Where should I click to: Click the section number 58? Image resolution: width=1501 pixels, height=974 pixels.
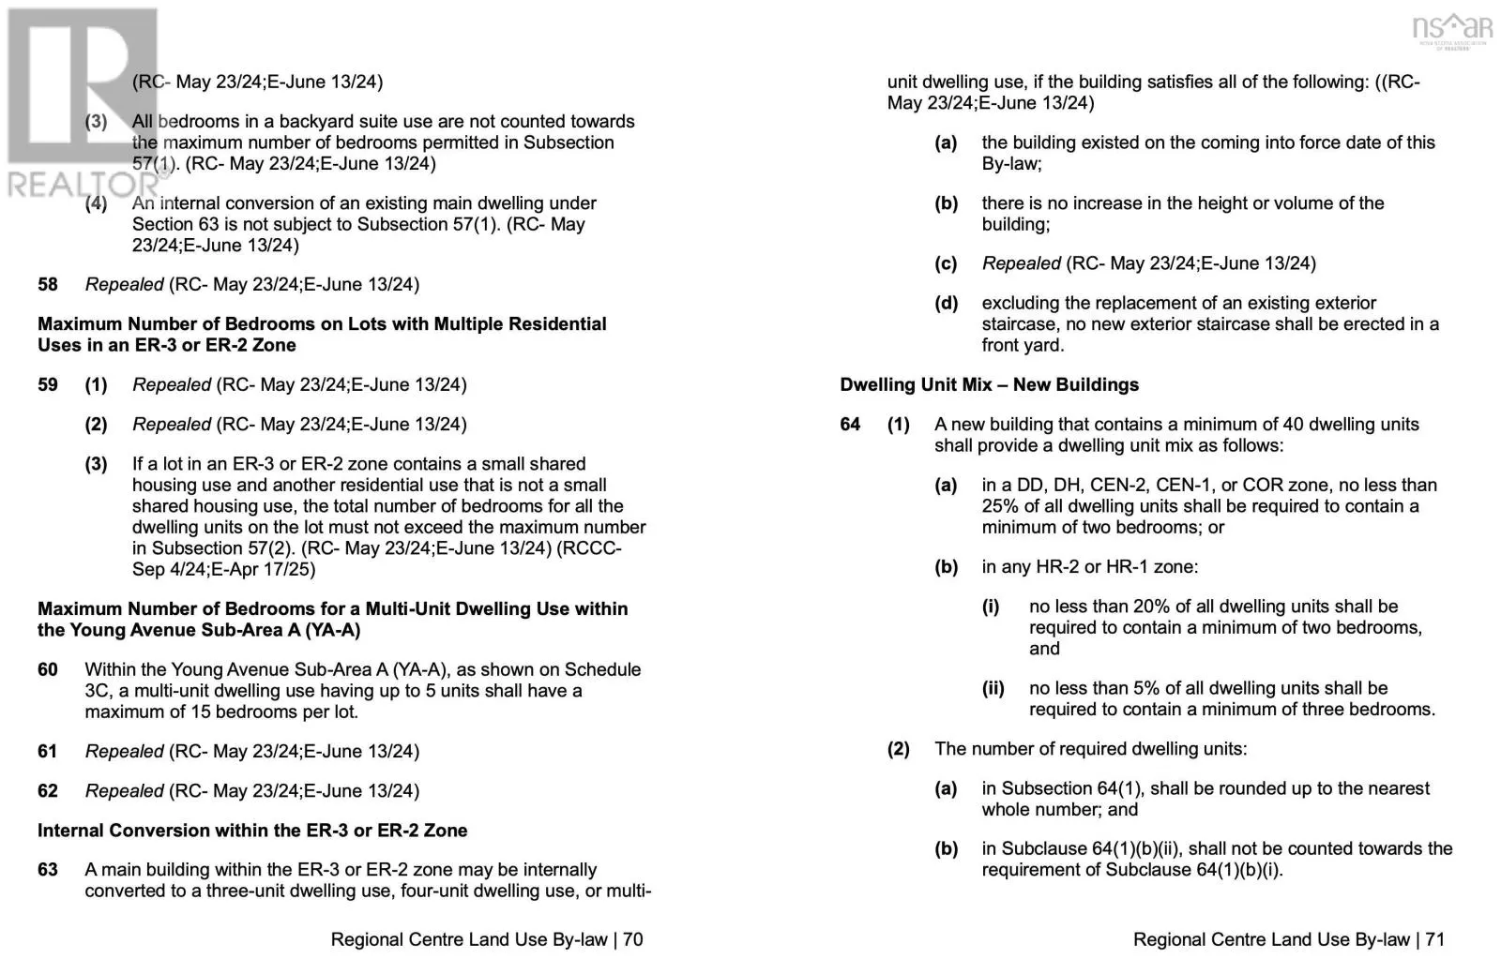pos(48,284)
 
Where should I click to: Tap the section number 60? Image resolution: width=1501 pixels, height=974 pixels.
pos(48,669)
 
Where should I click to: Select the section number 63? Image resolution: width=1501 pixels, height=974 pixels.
pos(48,870)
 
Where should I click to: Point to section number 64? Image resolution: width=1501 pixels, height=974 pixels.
pos(850,425)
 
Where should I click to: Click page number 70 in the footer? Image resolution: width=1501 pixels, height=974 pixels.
pos(633,939)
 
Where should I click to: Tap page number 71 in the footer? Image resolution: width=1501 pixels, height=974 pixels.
pos(1435,939)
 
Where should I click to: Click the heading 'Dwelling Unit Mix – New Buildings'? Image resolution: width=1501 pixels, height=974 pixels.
pos(989,384)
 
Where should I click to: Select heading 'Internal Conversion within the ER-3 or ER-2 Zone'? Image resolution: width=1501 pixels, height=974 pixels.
pos(252,831)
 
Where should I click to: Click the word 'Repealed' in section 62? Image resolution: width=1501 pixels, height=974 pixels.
pos(124,791)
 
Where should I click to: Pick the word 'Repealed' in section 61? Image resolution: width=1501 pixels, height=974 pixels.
pos(124,751)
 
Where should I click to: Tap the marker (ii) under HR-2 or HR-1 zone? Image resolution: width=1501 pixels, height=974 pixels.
pos(993,688)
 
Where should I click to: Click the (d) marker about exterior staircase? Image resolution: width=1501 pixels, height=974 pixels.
pos(946,303)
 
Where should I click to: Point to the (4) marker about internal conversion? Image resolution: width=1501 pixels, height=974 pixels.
pos(96,203)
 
